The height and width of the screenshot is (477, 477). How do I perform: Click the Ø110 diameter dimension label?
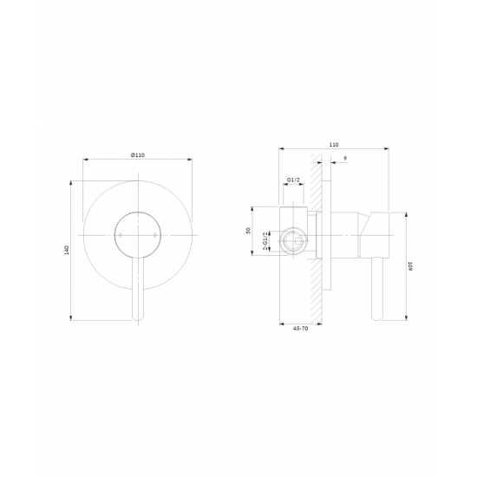(138, 155)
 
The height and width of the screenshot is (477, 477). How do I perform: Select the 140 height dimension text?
(68, 250)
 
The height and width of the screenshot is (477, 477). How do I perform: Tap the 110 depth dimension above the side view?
(334, 145)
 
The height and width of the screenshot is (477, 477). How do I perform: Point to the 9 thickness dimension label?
(345, 159)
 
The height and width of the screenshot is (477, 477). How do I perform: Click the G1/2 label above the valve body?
(293, 180)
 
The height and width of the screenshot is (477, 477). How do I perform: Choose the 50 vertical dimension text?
(249, 231)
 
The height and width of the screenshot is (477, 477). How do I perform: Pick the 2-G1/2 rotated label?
(265, 241)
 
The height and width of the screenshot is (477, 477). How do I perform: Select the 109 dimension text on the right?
(410, 266)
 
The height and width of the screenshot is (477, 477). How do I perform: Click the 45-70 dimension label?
(301, 329)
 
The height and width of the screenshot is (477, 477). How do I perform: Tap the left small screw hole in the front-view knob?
(121, 235)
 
